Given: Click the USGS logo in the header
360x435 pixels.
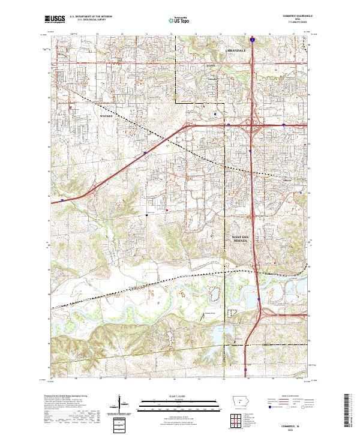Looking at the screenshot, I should [x=55, y=19].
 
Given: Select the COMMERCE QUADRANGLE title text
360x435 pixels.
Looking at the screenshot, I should [x=299, y=16].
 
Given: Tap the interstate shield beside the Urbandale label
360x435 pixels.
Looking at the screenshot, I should [x=253, y=42].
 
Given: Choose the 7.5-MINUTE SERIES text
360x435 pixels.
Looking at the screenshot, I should [x=299, y=22].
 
